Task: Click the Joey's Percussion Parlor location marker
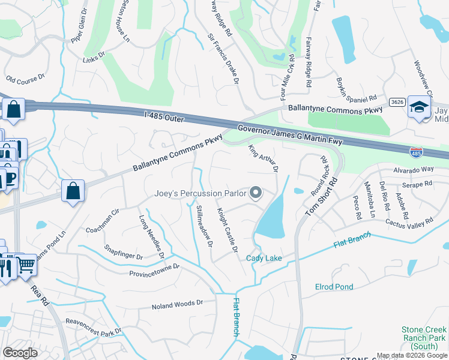click(x=256, y=193)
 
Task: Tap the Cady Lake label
click(x=264, y=259)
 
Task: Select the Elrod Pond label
click(x=334, y=287)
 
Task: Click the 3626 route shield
click(x=396, y=103)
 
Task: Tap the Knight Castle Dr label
click(x=228, y=230)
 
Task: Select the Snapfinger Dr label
click(x=123, y=251)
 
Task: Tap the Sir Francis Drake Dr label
click(x=223, y=63)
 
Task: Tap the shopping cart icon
click(x=26, y=264)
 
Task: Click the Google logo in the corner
click(x=20, y=353)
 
